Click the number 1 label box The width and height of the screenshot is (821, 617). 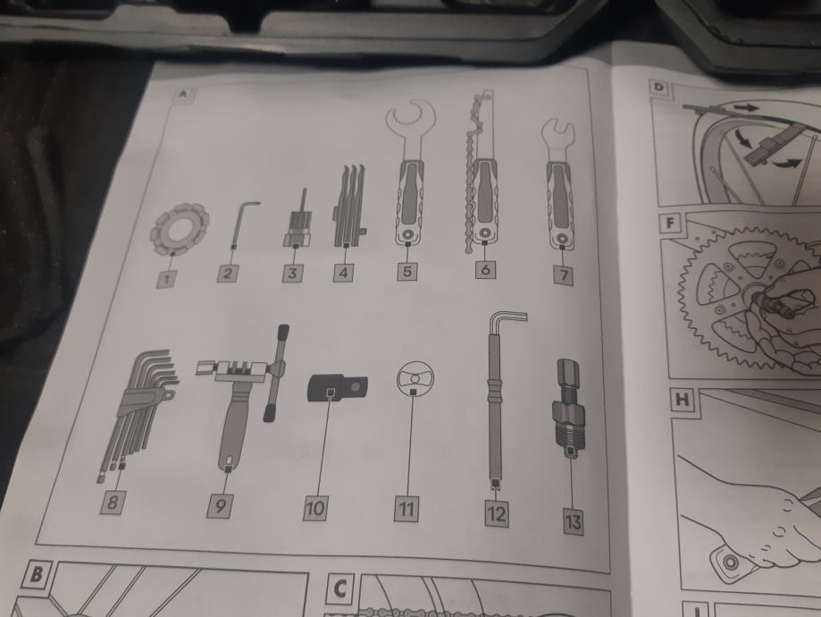coord(167,278)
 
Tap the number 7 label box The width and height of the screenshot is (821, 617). coord(564,275)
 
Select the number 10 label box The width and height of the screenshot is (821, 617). coord(315,507)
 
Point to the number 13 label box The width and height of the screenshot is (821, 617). coord(574,521)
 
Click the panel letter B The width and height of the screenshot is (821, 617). coord(36,575)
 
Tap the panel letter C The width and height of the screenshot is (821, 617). coord(340,588)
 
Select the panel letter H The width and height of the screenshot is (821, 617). coord(683,401)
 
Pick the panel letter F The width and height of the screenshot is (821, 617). coord(670,224)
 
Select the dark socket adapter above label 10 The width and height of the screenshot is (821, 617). coord(337,388)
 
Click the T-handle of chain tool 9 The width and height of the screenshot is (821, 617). coord(275,372)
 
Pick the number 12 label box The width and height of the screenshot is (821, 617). coord(496,513)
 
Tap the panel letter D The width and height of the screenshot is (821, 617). coord(659,87)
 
